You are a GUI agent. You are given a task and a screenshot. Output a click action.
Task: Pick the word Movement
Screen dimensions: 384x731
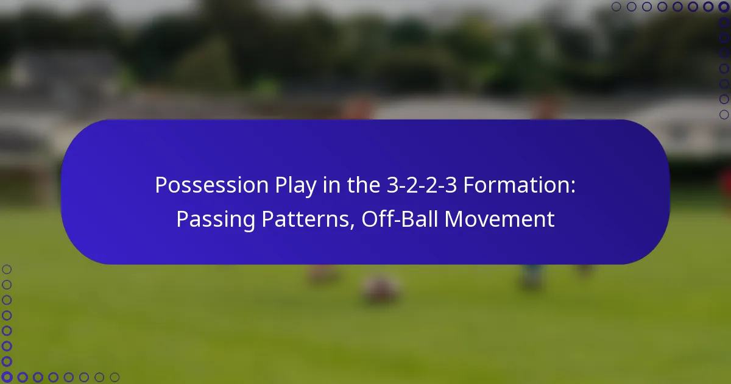point(500,219)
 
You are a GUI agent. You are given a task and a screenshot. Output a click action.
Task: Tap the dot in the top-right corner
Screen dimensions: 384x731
point(724,7)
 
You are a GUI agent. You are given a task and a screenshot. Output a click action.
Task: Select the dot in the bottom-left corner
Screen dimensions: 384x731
point(7,377)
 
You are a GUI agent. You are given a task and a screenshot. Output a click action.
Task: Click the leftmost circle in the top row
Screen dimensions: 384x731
point(616,7)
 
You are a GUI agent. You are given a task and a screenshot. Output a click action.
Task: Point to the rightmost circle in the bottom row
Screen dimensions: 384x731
point(115,377)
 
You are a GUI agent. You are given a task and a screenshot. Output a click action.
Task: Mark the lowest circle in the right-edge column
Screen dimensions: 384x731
point(724,115)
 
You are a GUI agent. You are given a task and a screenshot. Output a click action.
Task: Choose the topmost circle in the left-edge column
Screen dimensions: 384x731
point(7,269)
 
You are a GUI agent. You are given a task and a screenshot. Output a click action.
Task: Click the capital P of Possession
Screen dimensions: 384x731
point(161,185)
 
